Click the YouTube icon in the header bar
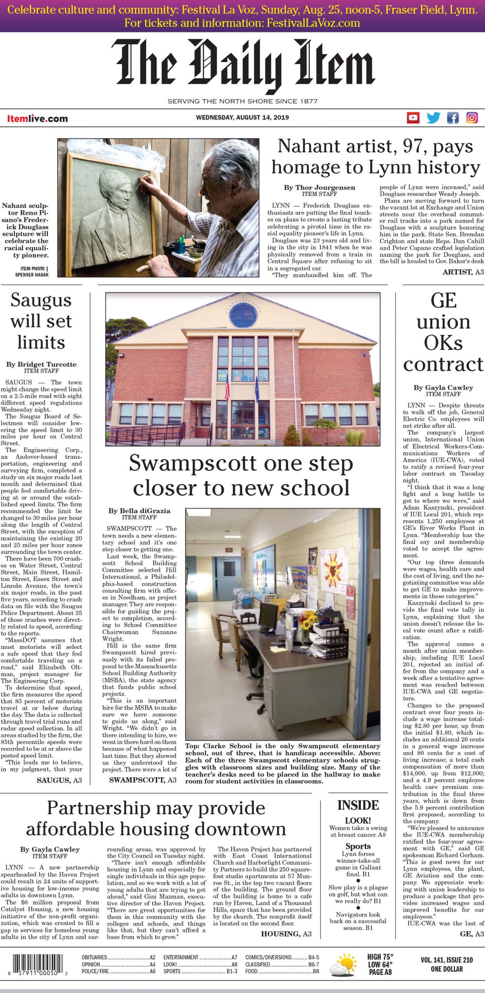pyautogui.click(x=413, y=118)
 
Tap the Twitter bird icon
pyautogui.click(x=433, y=118)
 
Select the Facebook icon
pyautogui.click(x=453, y=118)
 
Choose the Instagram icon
pyautogui.click(x=472, y=118)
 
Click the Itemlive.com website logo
pyautogui.click(x=37, y=119)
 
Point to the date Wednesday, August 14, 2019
pyautogui.click(x=242, y=118)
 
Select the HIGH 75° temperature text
pyautogui.click(x=380, y=956)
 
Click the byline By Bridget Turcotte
pyautogui.click(x=41, y=364)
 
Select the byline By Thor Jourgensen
pyautogui.click(x=319, y=187)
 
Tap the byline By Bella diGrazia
pyautogui.click(x=139, y=511)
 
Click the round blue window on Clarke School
pyautogui.click(x=243, y=317)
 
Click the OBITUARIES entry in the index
pyautogui.click(x=95, y=957)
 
